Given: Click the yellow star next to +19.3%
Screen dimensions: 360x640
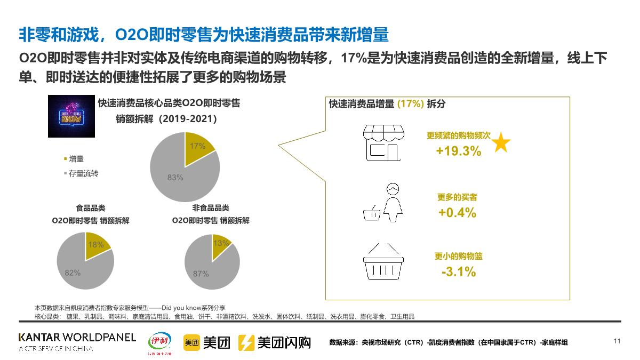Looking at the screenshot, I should pyautogui.click(x=501, y=143).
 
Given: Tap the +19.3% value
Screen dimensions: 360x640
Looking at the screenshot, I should pyautogui.click(x=458, y=151).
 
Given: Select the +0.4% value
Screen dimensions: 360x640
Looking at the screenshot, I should pyautogui.click(x=457, y=212).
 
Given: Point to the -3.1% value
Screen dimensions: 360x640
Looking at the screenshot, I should pyautogui.click(x=459, y=271).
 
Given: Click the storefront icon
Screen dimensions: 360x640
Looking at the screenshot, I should pyautogui.click(x=383, y=143).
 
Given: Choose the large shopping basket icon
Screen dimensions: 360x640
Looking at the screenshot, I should pyautogui.click(x=383, y=262).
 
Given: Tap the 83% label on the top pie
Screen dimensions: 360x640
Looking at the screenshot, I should pyautogui.click(x=175, y=178).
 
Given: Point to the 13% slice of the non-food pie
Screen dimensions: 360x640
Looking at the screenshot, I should pyautogui.click(x=220, y=243).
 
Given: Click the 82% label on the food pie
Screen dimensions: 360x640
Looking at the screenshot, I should pyautogui.click(x=73, y=273).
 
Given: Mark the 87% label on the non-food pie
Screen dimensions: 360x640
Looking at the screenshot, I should pyautogui.click(x=201, y=274).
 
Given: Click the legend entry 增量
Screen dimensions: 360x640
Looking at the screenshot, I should pyautogui.click(x=75, y=159).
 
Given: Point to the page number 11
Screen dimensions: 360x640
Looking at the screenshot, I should pyautogui.click(x=617, y=341).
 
